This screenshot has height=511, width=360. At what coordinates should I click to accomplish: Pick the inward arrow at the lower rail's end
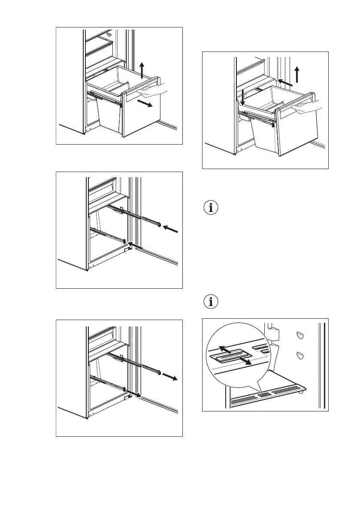(x=136, y=246)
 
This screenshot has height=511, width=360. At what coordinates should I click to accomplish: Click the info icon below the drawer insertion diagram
(x=210, y=208)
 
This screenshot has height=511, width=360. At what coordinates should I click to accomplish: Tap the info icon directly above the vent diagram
(x=210, y=302)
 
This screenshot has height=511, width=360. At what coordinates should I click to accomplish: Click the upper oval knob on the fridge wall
(x=300, y=336)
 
